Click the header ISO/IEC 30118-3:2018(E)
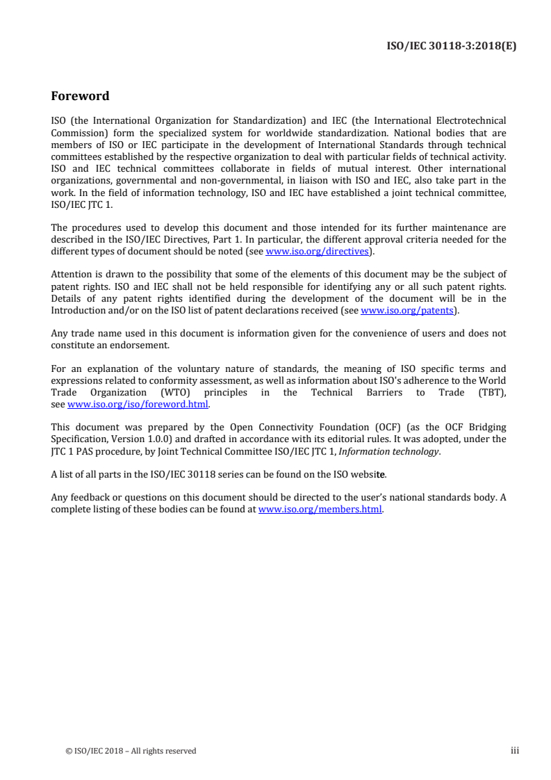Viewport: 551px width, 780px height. tap(451, 47)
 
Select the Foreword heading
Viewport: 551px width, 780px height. tap(80, 96)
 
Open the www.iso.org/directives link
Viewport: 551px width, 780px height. tap(317, 251)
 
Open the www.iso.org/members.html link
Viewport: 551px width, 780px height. tap(320, 509)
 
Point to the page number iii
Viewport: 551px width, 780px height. tap(515, 751)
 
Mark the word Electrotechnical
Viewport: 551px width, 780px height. tap(467, 120)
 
